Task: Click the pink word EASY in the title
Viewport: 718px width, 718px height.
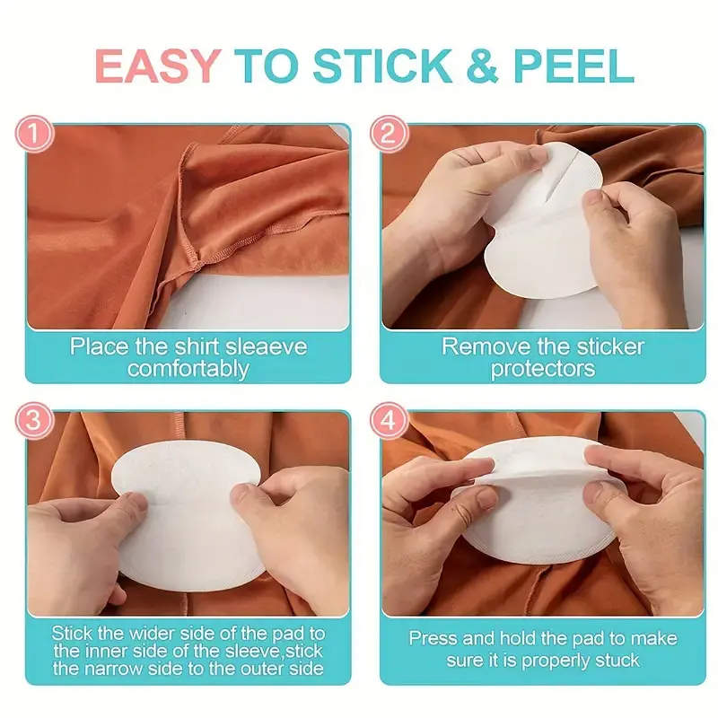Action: pyautogui.click(x=158, y=66)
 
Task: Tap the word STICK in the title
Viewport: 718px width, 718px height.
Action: pyautogui.click(x=382, y=66)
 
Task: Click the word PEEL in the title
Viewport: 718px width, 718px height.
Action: pyautogui.click(x=574, y=66)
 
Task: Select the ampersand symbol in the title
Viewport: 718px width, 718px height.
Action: pyautogui.click(x=482, y=66)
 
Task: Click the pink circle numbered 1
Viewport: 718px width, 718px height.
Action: pyautogui.click(x=34, y=134)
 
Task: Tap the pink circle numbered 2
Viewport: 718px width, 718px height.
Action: pyautogui.click(x=389, y=134)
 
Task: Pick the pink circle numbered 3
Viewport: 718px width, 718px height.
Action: pyautogui.click(x=34, y=420)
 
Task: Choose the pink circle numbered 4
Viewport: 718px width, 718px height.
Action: pyautogui.click(x=389, y=420)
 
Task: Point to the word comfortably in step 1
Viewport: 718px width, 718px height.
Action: pyautogui.click(x=188, y=369)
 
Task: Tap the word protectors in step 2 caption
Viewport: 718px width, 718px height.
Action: pyautogui.click(x=543, y=369)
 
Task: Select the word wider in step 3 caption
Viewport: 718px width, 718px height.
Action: pyautogui.click(x=152, y=634)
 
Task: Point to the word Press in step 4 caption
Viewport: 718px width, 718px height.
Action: pyautogui.click(x=433, y=638)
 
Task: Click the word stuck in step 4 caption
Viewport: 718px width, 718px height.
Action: pyautogui.click(x=617, y=661)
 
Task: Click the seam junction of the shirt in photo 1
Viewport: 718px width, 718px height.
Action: pyautogui.click(x=197, y=263)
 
